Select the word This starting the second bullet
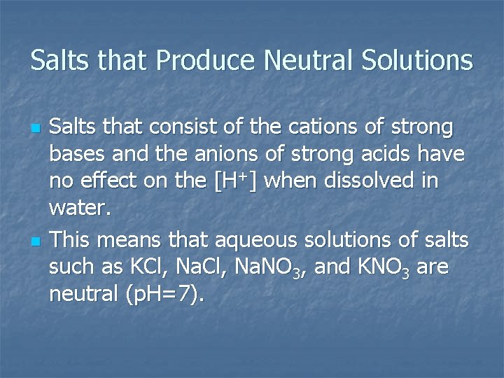[x=71, y=240]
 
